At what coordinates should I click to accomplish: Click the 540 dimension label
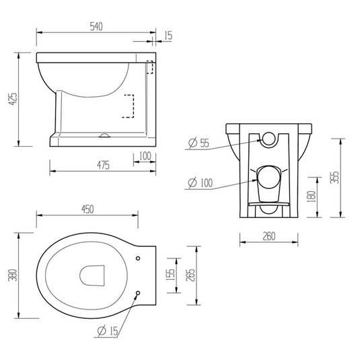click(96, 27)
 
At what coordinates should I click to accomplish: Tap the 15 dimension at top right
click(168, 36)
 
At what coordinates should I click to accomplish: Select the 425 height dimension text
click(13, 99)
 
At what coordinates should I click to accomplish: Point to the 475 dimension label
click(103, 165)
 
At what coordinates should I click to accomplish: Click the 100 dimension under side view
click(145, 156)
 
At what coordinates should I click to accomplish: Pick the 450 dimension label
click(87, 209)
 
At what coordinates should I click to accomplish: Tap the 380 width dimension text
click(13, 275)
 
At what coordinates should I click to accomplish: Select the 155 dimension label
click(170, 275)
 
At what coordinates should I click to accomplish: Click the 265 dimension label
click(190, 275)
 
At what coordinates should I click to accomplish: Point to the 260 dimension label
click(269, 236)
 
